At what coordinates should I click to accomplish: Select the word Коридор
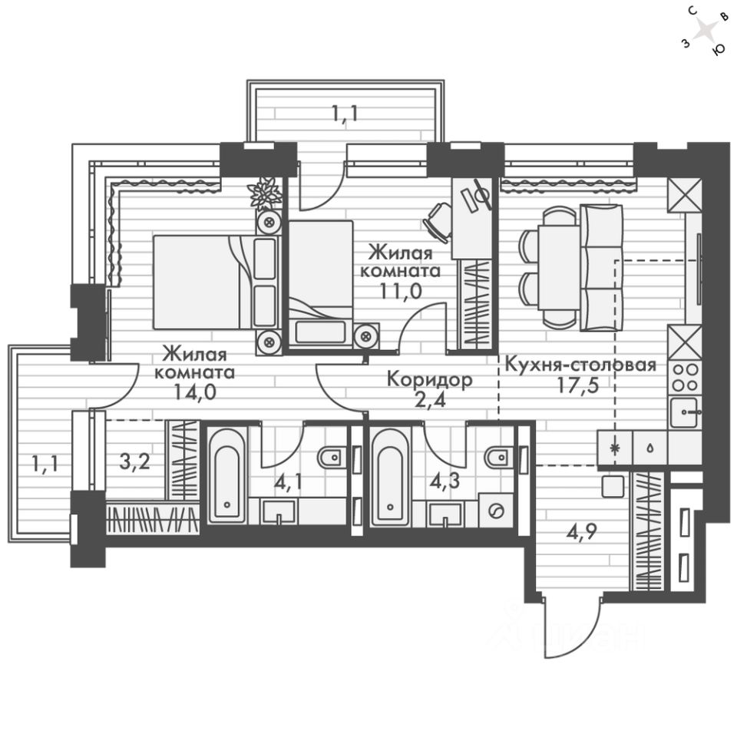click(430, 379)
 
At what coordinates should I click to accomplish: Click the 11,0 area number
click(401, 292)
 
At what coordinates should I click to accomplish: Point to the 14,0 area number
click(194, 392)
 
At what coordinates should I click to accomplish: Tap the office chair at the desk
click(438, 222)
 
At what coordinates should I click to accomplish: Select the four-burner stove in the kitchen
click(685, 377)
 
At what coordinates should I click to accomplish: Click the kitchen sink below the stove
click(685, 413)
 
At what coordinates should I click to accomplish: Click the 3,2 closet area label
click(135, 462)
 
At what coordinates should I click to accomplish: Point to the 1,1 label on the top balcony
click(345, 114)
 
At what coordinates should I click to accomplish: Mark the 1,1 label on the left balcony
click(45, 464)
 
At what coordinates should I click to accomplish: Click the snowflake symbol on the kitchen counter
click(614, 448)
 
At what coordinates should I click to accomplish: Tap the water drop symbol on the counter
click(649, 448)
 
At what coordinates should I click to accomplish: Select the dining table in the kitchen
click(559, 267)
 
